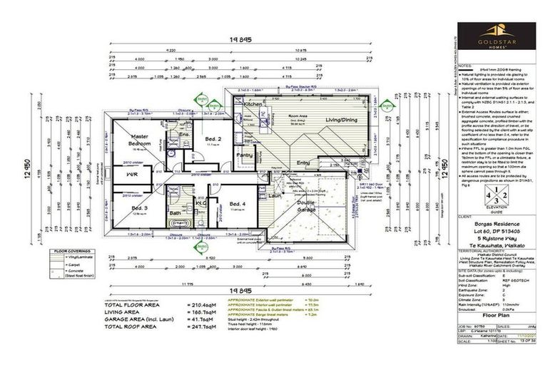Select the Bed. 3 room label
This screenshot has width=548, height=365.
140,207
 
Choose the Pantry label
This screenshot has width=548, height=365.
245,155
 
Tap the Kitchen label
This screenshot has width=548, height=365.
254,104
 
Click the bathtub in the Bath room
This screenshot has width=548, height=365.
176,223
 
